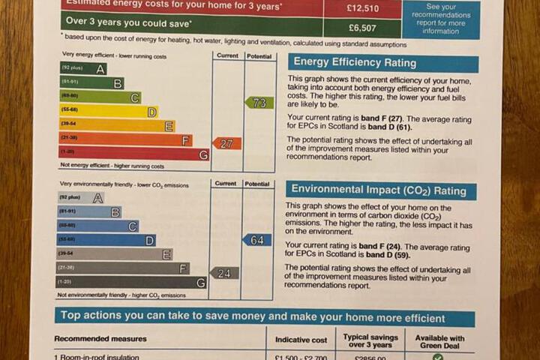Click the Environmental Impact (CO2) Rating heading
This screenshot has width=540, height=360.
click(380, 190)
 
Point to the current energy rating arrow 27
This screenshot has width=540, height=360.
click(226, 143)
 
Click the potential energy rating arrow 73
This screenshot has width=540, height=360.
click(259, 103)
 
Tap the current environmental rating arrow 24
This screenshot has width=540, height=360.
click(223, 273)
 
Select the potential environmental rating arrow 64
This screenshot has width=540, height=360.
click(257, 240)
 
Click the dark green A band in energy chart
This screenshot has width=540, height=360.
click(83, 69)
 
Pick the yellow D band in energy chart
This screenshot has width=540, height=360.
click(109, 112)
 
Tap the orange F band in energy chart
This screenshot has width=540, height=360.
click(126, 140)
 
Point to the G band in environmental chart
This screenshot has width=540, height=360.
click(131, 283)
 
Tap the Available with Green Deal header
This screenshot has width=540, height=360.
click(439, 342)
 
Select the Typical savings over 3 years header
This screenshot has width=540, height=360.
click(371, 342)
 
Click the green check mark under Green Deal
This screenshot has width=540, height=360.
click(438, 357)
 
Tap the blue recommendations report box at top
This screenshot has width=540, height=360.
click(440, 17)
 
